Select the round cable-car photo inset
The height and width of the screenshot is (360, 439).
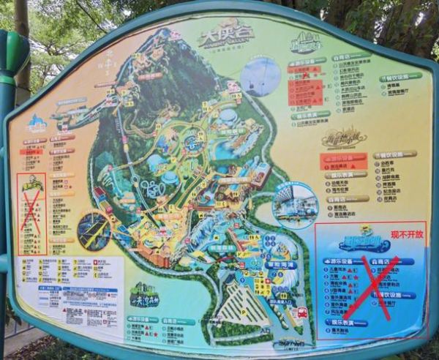[260, 76]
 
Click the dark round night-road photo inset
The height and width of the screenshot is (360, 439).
[94, 230]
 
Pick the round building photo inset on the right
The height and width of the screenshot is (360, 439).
[296, 205]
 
